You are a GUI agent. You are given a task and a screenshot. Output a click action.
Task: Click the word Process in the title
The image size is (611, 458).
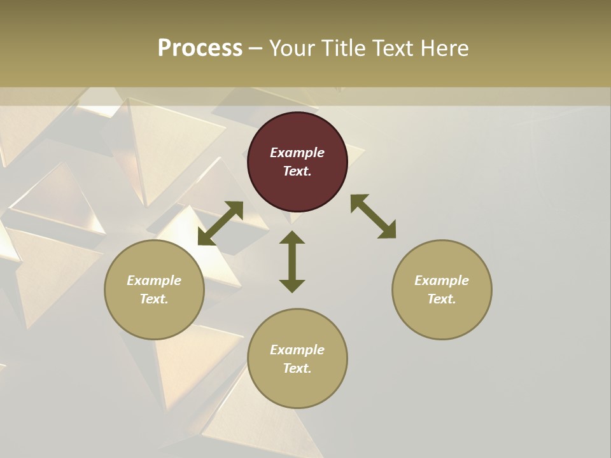[x=200, y=48]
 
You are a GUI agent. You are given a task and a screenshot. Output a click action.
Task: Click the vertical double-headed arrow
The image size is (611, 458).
[x=292, y=261]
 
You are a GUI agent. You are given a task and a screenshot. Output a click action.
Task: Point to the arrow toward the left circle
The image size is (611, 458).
[x=220, y=223]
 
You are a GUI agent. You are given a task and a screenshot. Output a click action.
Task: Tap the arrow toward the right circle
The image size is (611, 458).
[x=374, y=216]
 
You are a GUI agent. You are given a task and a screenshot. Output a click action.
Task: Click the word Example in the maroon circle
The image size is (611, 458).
[x=297, y=153]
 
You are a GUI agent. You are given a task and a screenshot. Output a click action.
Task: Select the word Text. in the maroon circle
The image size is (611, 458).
[x=297, y=171]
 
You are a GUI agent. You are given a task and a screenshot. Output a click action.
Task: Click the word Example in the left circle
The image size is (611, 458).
[x=154, y=281]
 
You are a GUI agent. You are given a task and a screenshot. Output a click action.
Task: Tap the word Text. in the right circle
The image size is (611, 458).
[x=442, y=299]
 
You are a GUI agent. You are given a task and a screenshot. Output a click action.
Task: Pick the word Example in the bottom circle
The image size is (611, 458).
[x=297, y=350]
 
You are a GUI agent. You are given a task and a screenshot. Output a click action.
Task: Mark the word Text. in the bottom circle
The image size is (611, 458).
[x=297, y=368]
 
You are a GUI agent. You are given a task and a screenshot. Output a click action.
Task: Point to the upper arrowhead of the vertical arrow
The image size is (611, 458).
[x=292, y=237]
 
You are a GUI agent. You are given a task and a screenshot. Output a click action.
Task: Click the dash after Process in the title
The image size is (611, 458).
[x=256, y=48]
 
